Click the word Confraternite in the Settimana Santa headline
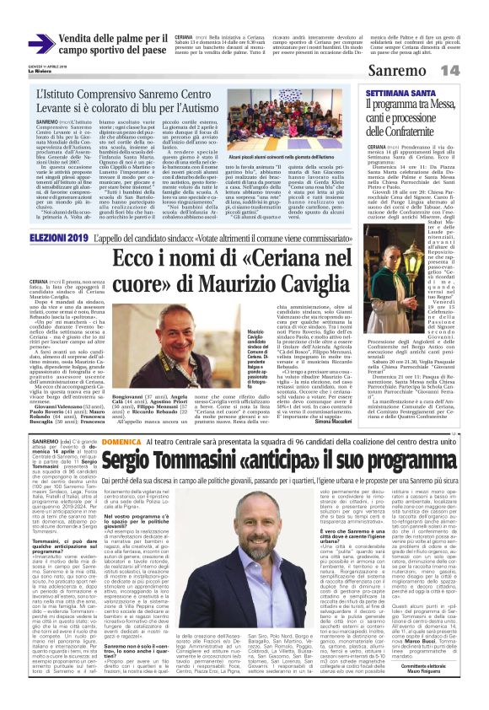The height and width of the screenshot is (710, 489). (420, 131)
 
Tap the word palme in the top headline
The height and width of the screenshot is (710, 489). (130, 37)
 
